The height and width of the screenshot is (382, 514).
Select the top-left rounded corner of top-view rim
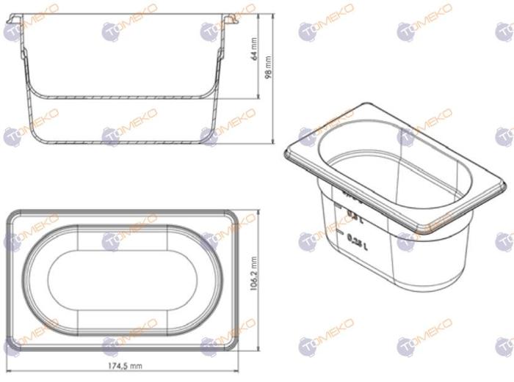tap(12, 216)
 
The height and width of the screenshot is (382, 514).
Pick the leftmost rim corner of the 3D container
tap(286, 155)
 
